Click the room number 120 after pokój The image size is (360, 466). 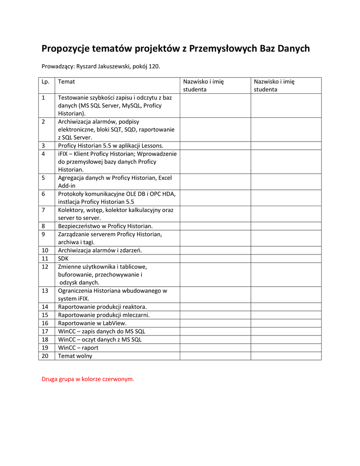154,66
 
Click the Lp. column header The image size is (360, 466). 45,82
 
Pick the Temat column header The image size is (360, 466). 66,82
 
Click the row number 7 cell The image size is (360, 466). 43,210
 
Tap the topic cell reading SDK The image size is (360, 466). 63,258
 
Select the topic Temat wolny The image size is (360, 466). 75,356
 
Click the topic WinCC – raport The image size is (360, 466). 78,348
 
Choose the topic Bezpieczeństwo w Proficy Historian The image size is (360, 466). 106,226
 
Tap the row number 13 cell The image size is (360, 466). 45,291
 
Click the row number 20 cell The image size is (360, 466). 45,356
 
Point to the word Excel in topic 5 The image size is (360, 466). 162,178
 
